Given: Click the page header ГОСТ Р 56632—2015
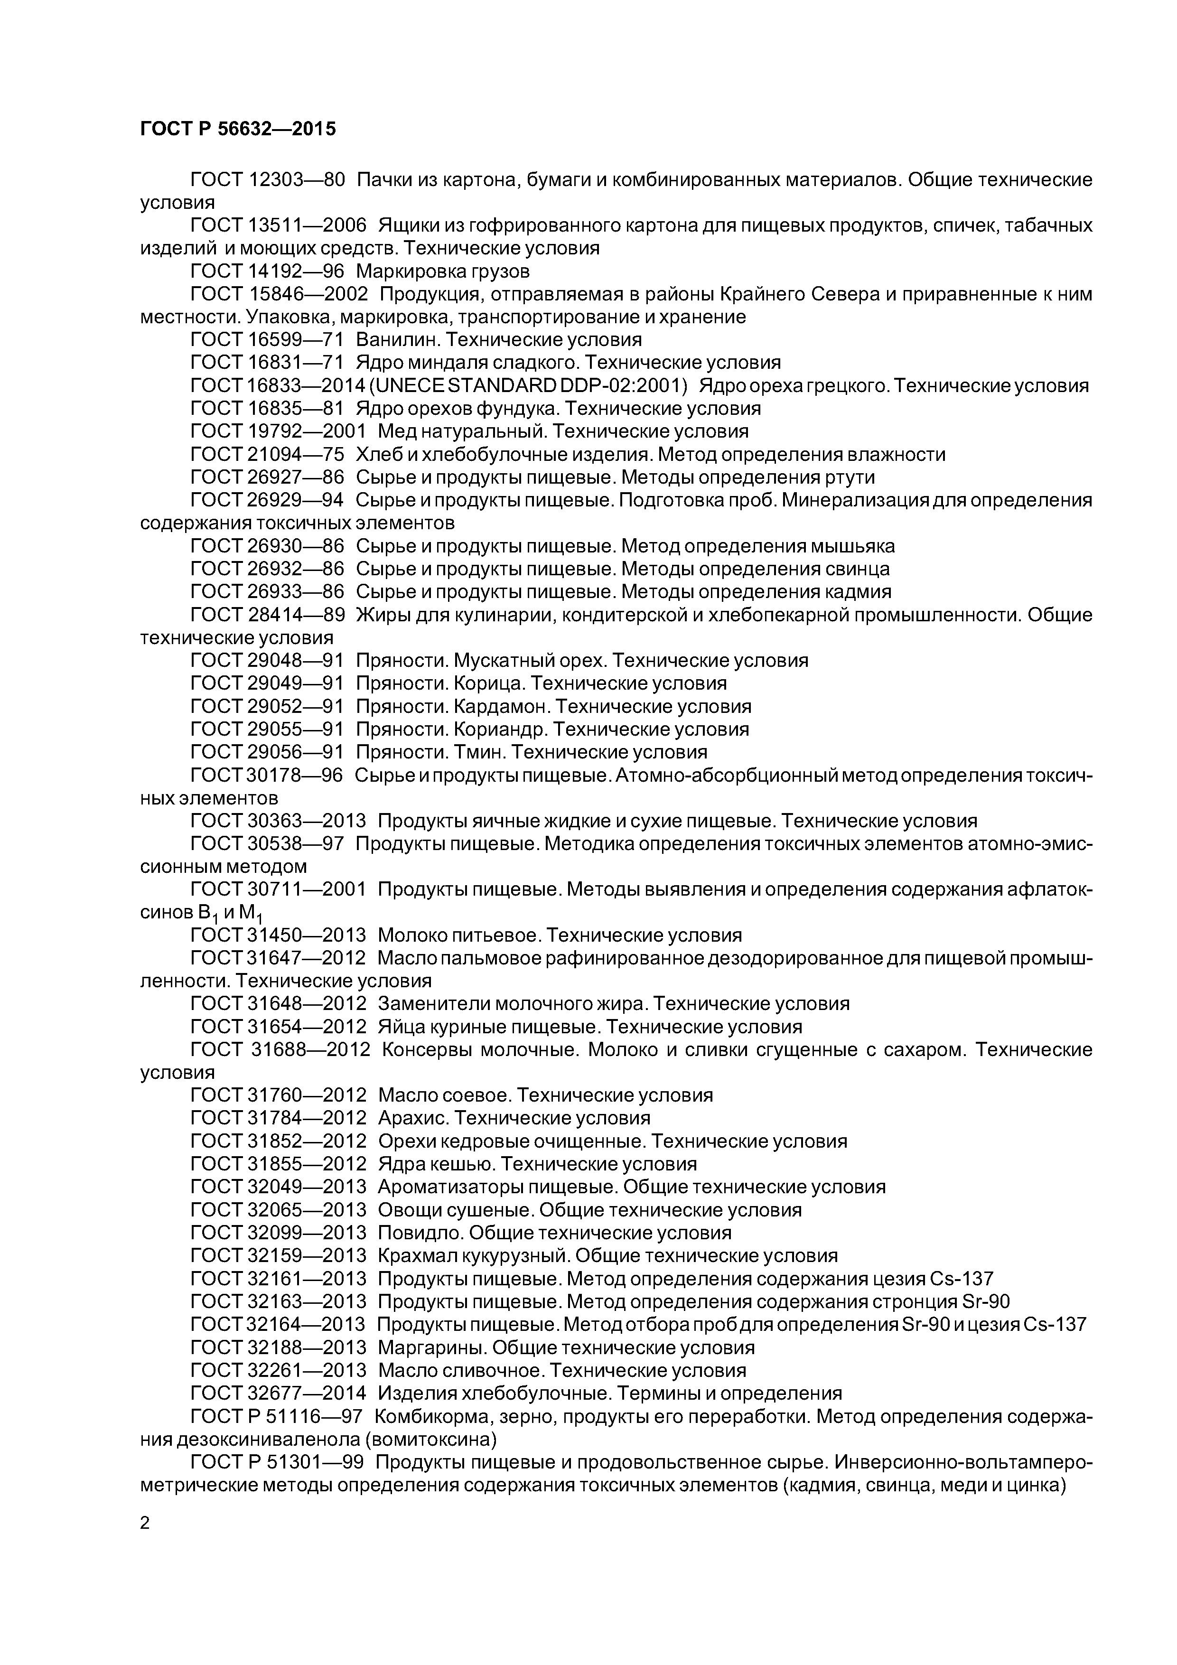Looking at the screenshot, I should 238,129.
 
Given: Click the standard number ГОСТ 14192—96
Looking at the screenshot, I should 267,271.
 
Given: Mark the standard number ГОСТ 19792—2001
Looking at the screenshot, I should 278,431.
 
